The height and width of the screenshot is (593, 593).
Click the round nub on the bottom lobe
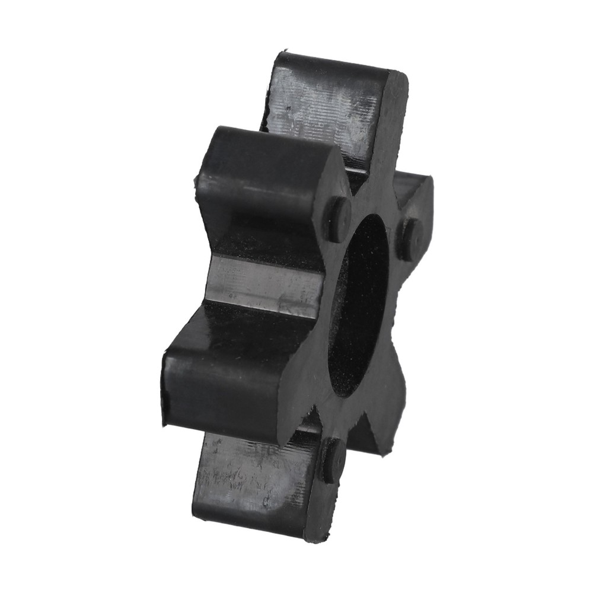tap(332, 459)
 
